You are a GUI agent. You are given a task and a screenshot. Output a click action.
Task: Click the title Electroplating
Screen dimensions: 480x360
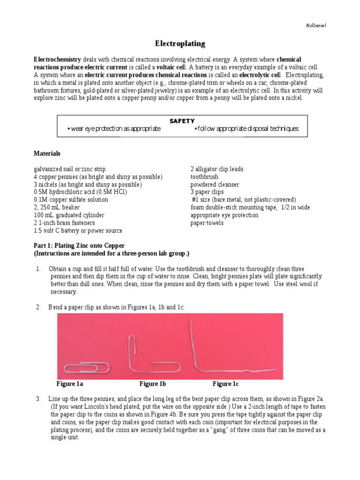point(180,44)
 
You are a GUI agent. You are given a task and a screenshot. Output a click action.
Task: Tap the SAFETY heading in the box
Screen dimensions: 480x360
point(182,121)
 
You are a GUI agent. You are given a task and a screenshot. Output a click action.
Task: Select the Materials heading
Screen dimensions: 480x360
point(47,153)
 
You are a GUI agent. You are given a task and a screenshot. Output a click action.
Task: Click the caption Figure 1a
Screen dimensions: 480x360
point(70,384)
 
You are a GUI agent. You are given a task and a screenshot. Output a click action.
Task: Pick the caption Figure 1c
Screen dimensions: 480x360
point(229,384)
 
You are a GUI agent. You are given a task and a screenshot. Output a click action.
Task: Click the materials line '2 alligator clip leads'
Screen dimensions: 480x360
point(217,169)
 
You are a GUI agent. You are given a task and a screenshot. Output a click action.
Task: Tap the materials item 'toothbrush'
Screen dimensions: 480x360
point(204,177)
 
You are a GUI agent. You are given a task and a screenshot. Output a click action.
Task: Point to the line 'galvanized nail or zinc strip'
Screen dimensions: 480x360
point(69,169)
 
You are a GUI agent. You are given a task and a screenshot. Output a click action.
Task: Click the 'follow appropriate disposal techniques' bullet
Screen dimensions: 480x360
point(246,129)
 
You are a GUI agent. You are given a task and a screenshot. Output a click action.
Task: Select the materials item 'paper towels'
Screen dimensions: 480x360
point(207,223)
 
